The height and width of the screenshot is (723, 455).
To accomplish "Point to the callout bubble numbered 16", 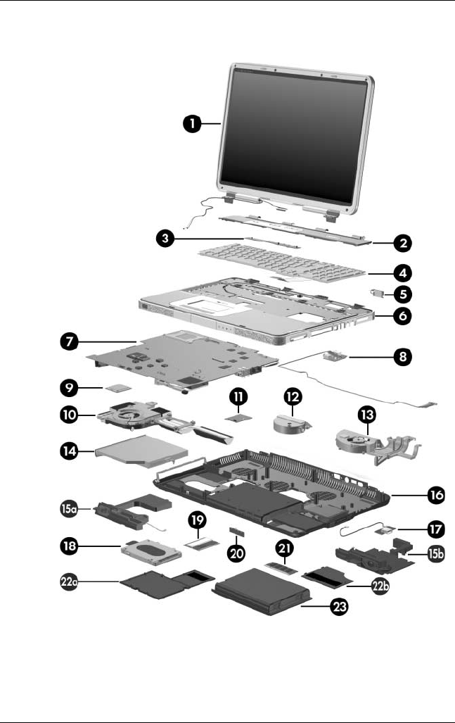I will click(435, 495).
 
